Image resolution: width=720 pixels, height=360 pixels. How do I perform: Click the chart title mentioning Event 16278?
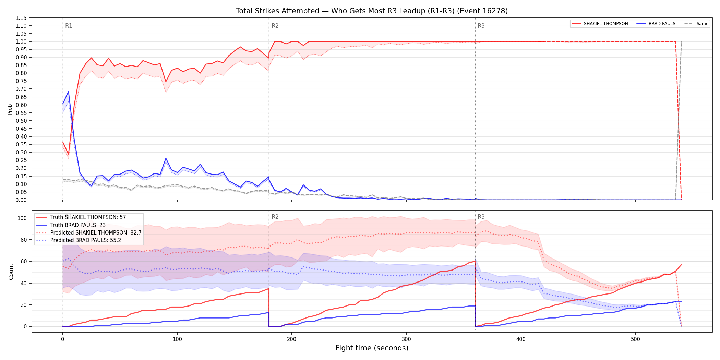click(372, 11)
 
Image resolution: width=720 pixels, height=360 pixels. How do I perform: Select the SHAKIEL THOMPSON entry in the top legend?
click(600, 24)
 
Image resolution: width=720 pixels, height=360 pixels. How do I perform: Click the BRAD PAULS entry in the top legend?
click(656, 24)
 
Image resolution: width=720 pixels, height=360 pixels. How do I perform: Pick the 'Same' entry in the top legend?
click(696, 24)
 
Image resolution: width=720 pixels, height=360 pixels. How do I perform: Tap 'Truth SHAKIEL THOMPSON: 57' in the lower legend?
click(81, 217)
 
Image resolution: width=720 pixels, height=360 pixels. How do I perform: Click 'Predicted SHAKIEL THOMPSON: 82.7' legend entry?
click(89, 233)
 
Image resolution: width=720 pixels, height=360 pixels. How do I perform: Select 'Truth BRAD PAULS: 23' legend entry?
click(71, 225)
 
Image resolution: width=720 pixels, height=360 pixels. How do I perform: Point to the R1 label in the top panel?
click(69, 26)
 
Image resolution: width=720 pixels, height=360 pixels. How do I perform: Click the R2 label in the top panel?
click(275, 26)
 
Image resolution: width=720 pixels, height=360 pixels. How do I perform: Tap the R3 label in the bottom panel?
click(481, 217)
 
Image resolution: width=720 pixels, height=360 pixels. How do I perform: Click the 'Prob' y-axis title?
click(10, 109)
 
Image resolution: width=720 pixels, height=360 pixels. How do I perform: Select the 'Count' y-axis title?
click(11, 272)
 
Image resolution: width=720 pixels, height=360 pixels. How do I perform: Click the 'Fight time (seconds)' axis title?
click(372, 348)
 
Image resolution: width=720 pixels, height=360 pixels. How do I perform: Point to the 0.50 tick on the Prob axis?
click(22, 121)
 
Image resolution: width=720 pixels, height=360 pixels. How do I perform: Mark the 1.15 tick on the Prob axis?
click(22, 18)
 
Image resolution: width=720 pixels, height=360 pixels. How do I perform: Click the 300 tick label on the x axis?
click(406, 339)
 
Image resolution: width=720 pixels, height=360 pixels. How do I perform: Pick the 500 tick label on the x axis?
click(635, 339)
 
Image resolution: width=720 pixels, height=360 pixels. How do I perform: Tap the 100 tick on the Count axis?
click(22, 218)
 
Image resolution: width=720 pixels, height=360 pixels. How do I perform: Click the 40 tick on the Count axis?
click(24, 283)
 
